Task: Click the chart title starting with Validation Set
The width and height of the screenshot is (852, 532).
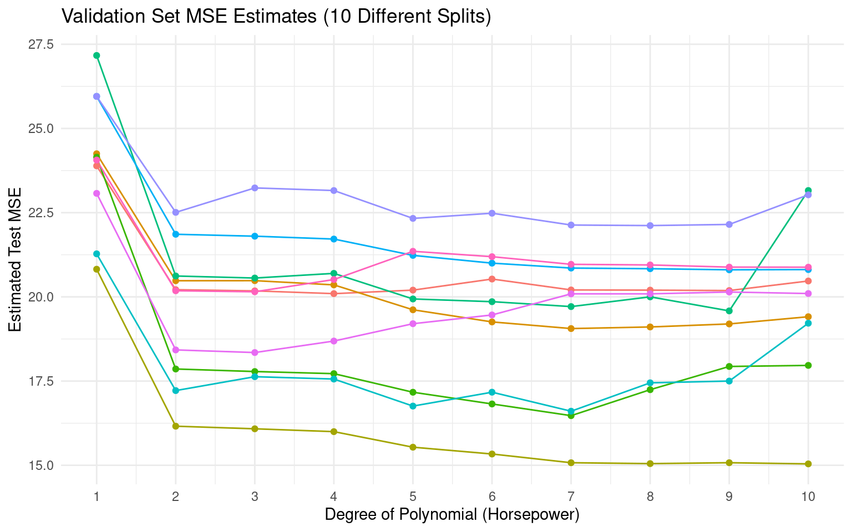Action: click(x=276, y=17)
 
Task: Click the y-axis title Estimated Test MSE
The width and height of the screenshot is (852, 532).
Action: click(x=16, y=260)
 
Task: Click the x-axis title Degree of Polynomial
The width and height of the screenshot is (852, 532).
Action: click(x=452, y=514)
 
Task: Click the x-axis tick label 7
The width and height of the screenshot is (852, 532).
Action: click(x=571, y=497)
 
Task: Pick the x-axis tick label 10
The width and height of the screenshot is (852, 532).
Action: click(x=808, y=497)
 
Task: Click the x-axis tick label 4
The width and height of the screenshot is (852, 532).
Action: click(x=334, y=497)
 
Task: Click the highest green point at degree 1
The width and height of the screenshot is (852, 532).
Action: click(x=97, y=55)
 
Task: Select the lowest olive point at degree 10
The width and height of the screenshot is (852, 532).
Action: click(x=808, y=464)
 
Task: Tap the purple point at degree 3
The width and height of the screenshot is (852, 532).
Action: click(x=255, y=188)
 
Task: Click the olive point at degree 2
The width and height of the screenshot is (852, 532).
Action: click(x=176, y=426)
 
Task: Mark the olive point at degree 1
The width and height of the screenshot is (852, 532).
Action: click(x=97, y=269)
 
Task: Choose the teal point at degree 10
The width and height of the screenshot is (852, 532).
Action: click(x=808, y=323)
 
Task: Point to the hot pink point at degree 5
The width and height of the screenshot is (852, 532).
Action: click(x=413, y=252)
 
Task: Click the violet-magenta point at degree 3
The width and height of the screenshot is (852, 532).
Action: click(x=255, y=352)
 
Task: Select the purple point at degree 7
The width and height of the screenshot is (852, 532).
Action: click(x=571, y=225)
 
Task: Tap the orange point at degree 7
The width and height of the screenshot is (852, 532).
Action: click(x=571, y=329)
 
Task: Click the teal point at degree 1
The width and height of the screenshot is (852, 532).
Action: click(x=97, y=254)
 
